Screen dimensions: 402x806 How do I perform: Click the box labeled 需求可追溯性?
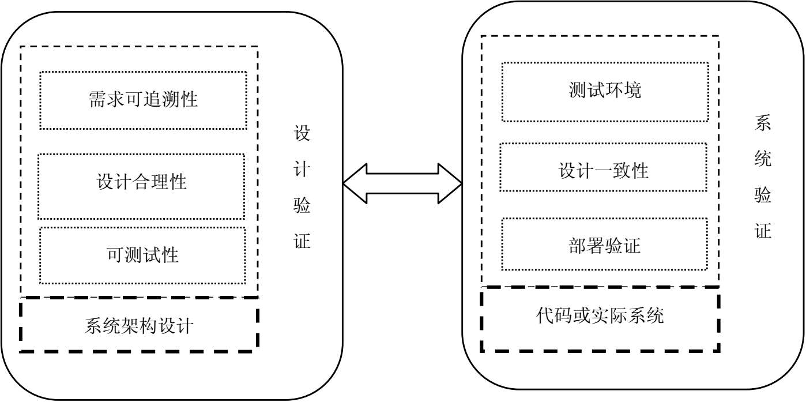(143, 100)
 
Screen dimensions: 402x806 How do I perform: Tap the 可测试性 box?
(143, 255)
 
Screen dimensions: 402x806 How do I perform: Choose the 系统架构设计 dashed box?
(139, 325)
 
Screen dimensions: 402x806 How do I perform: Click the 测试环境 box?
(605, 91)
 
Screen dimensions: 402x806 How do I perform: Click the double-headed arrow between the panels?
(402, 184)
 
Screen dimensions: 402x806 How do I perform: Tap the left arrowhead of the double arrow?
(355, 184)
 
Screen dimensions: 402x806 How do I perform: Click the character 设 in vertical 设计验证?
(302, 134)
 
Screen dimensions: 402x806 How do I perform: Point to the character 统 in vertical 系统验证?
(763, 160)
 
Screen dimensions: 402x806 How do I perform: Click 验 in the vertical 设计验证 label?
(302, 205)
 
